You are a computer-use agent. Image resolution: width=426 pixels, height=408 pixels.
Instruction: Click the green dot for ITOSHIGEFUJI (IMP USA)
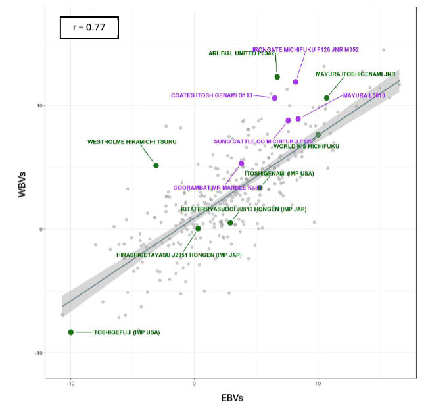coord(71,332)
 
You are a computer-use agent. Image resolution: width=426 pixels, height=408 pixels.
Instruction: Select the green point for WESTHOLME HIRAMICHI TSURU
coord(156,165)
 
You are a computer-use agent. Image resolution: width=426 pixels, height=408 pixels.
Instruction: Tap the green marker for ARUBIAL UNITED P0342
coord(277,77)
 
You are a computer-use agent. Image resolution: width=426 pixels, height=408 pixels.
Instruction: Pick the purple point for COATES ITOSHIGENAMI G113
coord(274,98)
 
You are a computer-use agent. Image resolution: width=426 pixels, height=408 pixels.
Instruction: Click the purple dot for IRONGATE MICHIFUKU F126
coord(296,82)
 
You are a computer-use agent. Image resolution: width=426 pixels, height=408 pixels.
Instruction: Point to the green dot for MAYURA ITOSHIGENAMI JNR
coord(327,98)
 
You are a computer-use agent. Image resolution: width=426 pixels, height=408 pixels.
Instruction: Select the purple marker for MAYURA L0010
coord(298,119)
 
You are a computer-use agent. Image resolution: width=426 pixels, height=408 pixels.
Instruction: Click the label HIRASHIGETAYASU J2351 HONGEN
coord(170,254)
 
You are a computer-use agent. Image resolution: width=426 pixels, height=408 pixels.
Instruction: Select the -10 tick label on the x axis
coord(70,382)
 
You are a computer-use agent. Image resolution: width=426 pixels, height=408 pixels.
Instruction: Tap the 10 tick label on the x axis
coord(318,382)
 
